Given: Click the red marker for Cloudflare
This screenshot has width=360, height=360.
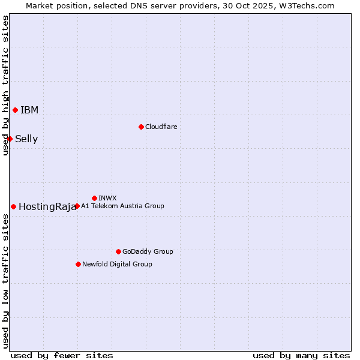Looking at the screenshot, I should click(x=141, y=127).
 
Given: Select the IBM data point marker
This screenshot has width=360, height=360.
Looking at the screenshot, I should click(x=15, y=110).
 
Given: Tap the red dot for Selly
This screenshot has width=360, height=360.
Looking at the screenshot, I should click(x=10, y=139).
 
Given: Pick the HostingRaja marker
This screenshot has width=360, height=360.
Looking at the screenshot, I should click(x=13, y=206).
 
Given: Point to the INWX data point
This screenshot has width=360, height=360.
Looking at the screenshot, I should click(x=94, y=198).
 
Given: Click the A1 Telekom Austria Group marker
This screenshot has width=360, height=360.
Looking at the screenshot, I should click(x=77, y=206).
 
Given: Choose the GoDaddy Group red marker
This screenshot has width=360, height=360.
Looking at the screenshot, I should click(x=118, y=251).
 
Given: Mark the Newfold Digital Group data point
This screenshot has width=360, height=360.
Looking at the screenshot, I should click(x=78, y=264).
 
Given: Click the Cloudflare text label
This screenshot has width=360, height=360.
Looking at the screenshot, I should click(x=161, y=127).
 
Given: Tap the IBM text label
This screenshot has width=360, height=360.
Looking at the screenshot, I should click(x=29, y=110).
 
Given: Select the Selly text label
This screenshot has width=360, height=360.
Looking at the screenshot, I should click(x=26, y=139).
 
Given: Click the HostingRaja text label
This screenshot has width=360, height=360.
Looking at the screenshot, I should click(x=47, y=206).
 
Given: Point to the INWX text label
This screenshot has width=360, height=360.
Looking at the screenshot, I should click(x=107, y=198).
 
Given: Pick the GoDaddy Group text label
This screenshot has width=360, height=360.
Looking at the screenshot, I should click(x=148, y=251).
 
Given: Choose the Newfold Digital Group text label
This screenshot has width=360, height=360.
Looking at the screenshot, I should click(x=117, y=264).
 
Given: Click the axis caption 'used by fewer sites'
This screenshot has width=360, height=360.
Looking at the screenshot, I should click(x=62, y=355).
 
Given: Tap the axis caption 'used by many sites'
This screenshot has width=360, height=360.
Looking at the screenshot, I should click(x=301, y=355).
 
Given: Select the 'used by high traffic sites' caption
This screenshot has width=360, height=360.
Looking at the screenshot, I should click(x=5, y=85).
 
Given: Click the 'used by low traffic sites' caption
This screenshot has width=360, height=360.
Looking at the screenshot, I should click(x=5, y=281).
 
